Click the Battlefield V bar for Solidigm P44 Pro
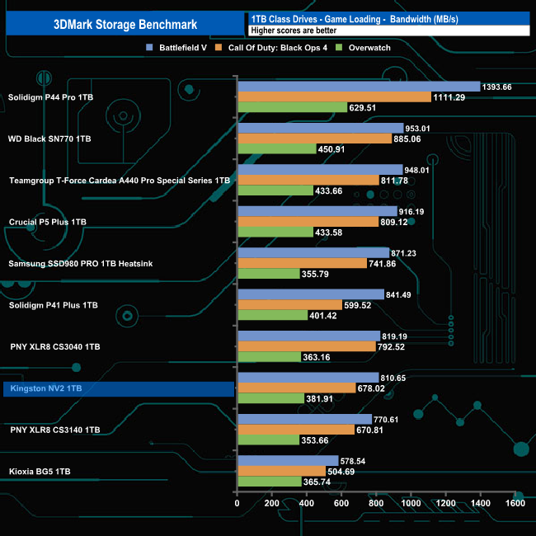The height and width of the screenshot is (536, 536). pos(359,87)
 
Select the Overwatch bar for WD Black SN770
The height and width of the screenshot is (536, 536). pos(277,149)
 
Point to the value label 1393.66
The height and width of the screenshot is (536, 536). pos(497,87)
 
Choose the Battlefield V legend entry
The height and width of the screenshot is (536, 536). pos(177,48)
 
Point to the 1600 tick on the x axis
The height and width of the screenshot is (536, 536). pos(515,502)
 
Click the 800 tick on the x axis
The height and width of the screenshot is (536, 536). pos(376,502)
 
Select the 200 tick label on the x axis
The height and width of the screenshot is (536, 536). pos(272,502)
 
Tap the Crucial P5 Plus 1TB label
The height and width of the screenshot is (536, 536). pos(47,222)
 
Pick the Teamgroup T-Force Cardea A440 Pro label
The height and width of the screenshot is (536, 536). pos(119,180)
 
